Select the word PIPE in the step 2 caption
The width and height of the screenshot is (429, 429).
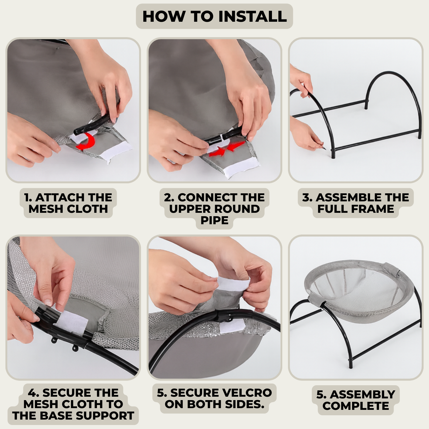[x=214, y=220]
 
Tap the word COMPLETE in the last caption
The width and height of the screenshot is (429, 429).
[x=356, y=406]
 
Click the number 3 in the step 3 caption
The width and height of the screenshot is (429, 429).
[x=307, y=197]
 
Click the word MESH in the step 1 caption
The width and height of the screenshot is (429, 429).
[x=47, y=209]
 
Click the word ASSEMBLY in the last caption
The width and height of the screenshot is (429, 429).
[x=363, y=394]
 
